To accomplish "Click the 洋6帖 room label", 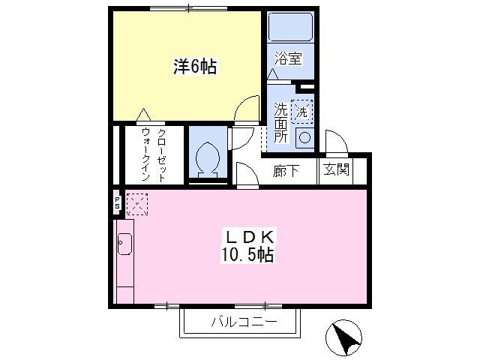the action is coord(195,67).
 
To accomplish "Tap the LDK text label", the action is coord(249,236).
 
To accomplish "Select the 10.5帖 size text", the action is coord(247,254).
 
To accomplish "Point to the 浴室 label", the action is coord(289,58).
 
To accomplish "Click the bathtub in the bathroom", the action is coord(290,27).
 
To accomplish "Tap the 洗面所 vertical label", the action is coord(280,122).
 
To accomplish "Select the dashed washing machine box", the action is coord(301,112).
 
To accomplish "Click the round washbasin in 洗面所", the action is coord(304,138).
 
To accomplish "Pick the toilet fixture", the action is coord(208,160).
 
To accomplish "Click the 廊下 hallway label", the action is coord(286,171).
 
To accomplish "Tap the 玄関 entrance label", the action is coord(337,169).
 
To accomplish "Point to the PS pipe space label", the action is coord(117,203).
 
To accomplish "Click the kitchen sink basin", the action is coord(124,244).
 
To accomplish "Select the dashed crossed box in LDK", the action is coord(137,204).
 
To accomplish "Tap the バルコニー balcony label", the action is coord(244,322).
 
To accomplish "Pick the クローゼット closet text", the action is coord(162,155).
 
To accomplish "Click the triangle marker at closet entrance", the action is coord(143,115).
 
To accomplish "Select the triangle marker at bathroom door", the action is coord(273,74).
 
